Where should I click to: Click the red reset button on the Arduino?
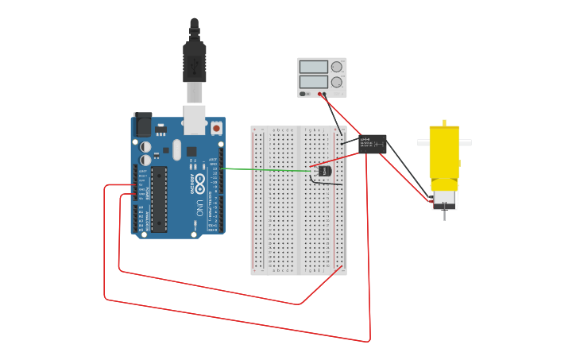(x=216, y=127)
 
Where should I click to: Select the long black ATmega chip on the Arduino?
(x=159, y=198)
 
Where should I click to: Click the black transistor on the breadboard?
(x=323, y=170)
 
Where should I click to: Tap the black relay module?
(x=373, y=144)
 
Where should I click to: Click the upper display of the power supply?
(x=314, y=67)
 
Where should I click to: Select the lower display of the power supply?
(x=314, y=81)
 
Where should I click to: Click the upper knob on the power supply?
(x=337, y=67)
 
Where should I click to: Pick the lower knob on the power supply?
(x=337, y=82)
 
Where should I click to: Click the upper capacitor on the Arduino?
(x=145, y=147)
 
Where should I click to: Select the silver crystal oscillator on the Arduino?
(x=176, y=149)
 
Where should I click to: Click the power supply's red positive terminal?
(x=320, y=94)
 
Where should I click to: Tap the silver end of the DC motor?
(x=444, y=196)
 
